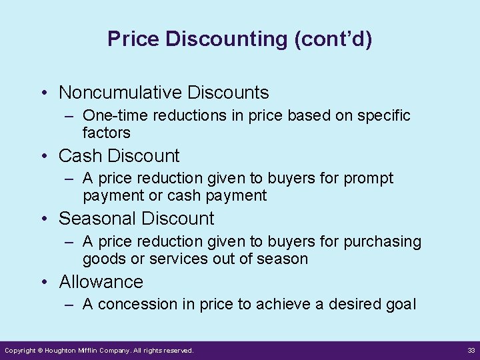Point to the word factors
click(x=107, y=132)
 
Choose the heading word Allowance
click(x=101, y=282)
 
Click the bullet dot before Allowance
click(x=44, y=283)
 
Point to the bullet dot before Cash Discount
click(x=44, y=157)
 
